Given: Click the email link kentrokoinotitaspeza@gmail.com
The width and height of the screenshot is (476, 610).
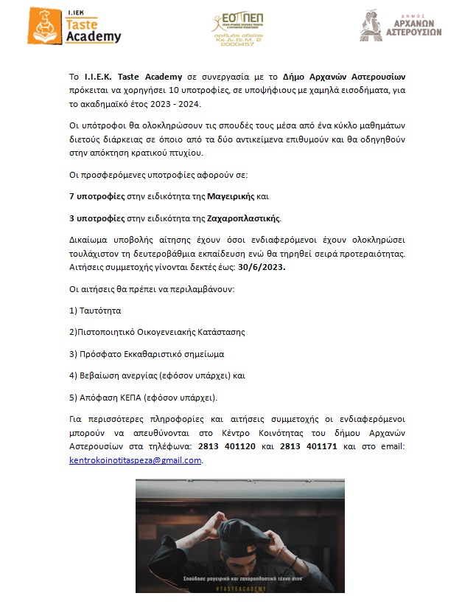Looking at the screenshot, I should [135, 460].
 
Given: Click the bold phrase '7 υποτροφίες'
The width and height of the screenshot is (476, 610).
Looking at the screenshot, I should [97, 197].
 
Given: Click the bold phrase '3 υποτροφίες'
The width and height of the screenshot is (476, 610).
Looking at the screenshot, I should [97, 218].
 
